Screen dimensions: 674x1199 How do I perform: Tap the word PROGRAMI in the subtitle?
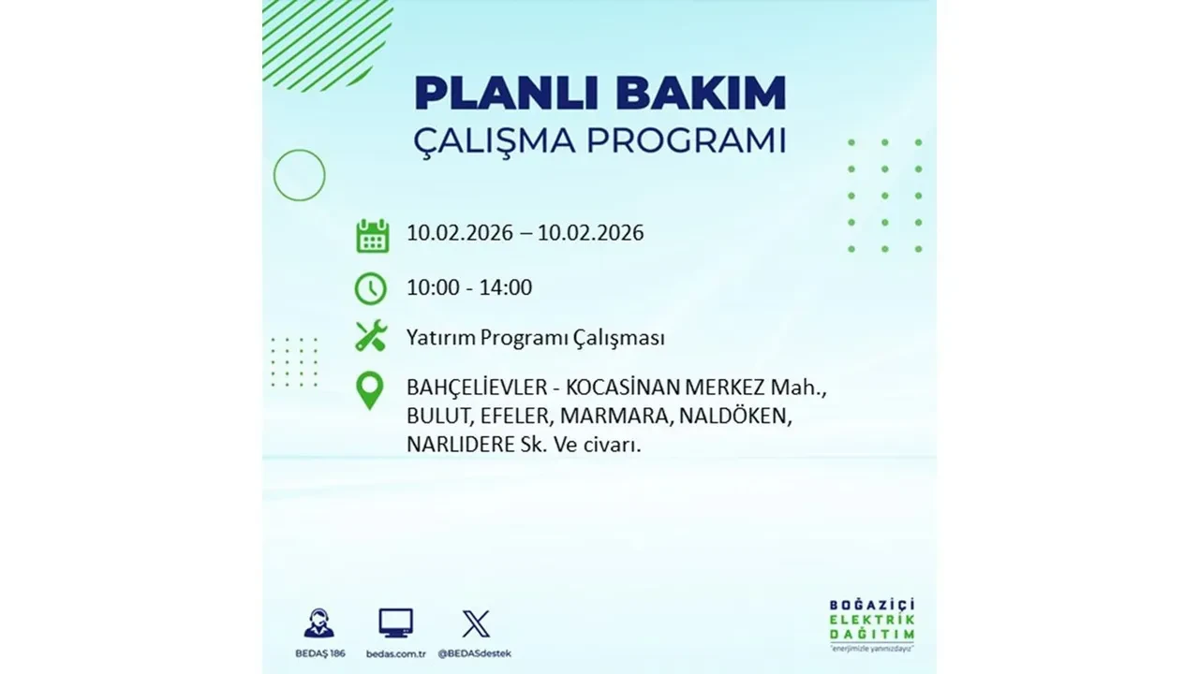(686, 141)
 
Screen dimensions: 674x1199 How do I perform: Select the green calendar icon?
(372, 236)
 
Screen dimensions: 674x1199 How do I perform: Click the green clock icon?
(370, 288)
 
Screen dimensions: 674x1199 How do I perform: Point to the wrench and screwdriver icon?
(371, 336)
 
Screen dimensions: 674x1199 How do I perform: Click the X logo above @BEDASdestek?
(476, 623)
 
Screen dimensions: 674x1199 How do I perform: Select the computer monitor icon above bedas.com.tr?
(395, 623)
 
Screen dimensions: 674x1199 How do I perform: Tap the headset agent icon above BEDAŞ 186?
(318, 623)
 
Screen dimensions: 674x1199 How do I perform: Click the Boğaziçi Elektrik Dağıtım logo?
(871, 623)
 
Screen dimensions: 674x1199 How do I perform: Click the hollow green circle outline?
(299, 175)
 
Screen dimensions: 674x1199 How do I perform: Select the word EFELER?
(525, 417)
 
